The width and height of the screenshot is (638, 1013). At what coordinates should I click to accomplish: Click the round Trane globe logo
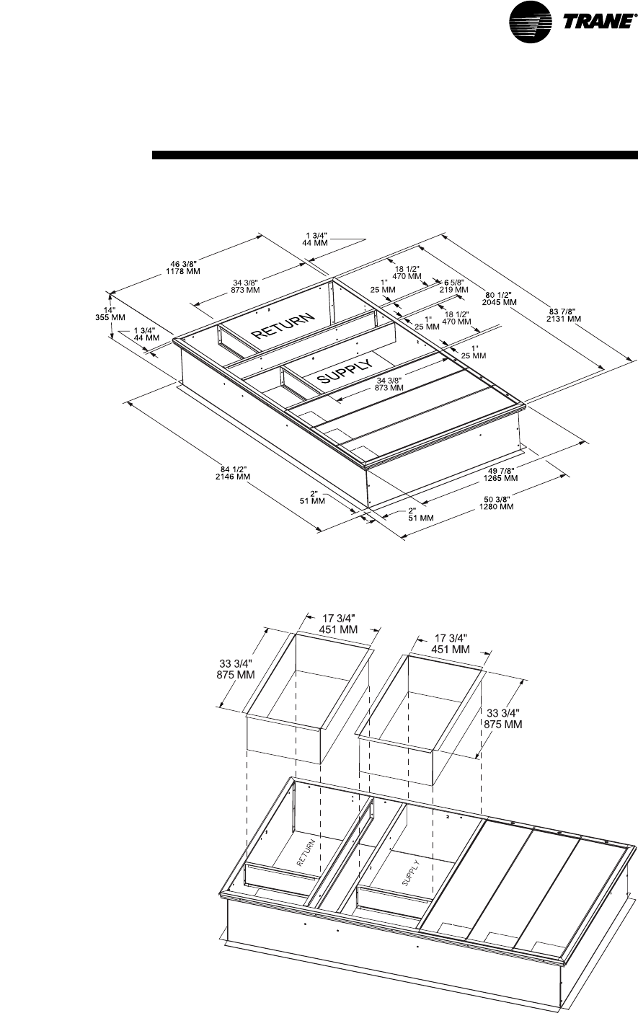531,21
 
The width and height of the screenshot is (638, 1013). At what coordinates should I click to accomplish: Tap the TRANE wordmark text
597,21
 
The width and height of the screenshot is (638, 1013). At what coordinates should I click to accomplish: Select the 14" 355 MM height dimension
110,314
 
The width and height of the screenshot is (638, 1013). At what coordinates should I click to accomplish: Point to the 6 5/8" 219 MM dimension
453,286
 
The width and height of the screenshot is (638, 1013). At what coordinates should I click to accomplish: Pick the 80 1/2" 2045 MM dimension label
499,298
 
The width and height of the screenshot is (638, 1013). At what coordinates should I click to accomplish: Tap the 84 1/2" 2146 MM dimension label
233,472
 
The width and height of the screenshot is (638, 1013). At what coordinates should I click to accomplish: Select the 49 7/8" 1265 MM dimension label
500,474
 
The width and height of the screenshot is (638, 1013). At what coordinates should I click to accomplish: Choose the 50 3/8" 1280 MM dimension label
497,503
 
